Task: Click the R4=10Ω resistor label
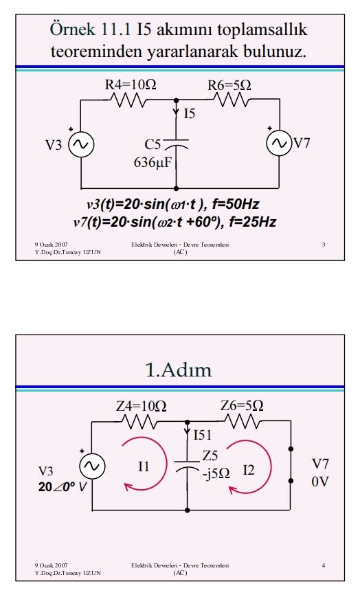coord(131,85)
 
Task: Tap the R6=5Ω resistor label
coord(229,85)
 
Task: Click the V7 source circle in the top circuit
coord(279,143)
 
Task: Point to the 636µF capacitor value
coord(153,163)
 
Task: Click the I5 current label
coord(190,113)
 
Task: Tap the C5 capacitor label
coord(153,145)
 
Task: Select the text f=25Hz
coord(253,222)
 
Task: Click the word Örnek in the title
coord(72,30)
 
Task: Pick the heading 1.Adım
coord(179,370)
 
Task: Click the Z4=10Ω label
coord(141,406)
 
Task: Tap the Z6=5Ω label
coord(242,406)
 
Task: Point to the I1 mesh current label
coord(144,466)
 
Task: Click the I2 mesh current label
coord(249,471)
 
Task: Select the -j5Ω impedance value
coord(216,473)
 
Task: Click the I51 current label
coord(202,435)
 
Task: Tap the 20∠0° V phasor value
coord(63,487)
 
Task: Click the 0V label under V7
coord(320,482)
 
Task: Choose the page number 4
coord(324,565)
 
